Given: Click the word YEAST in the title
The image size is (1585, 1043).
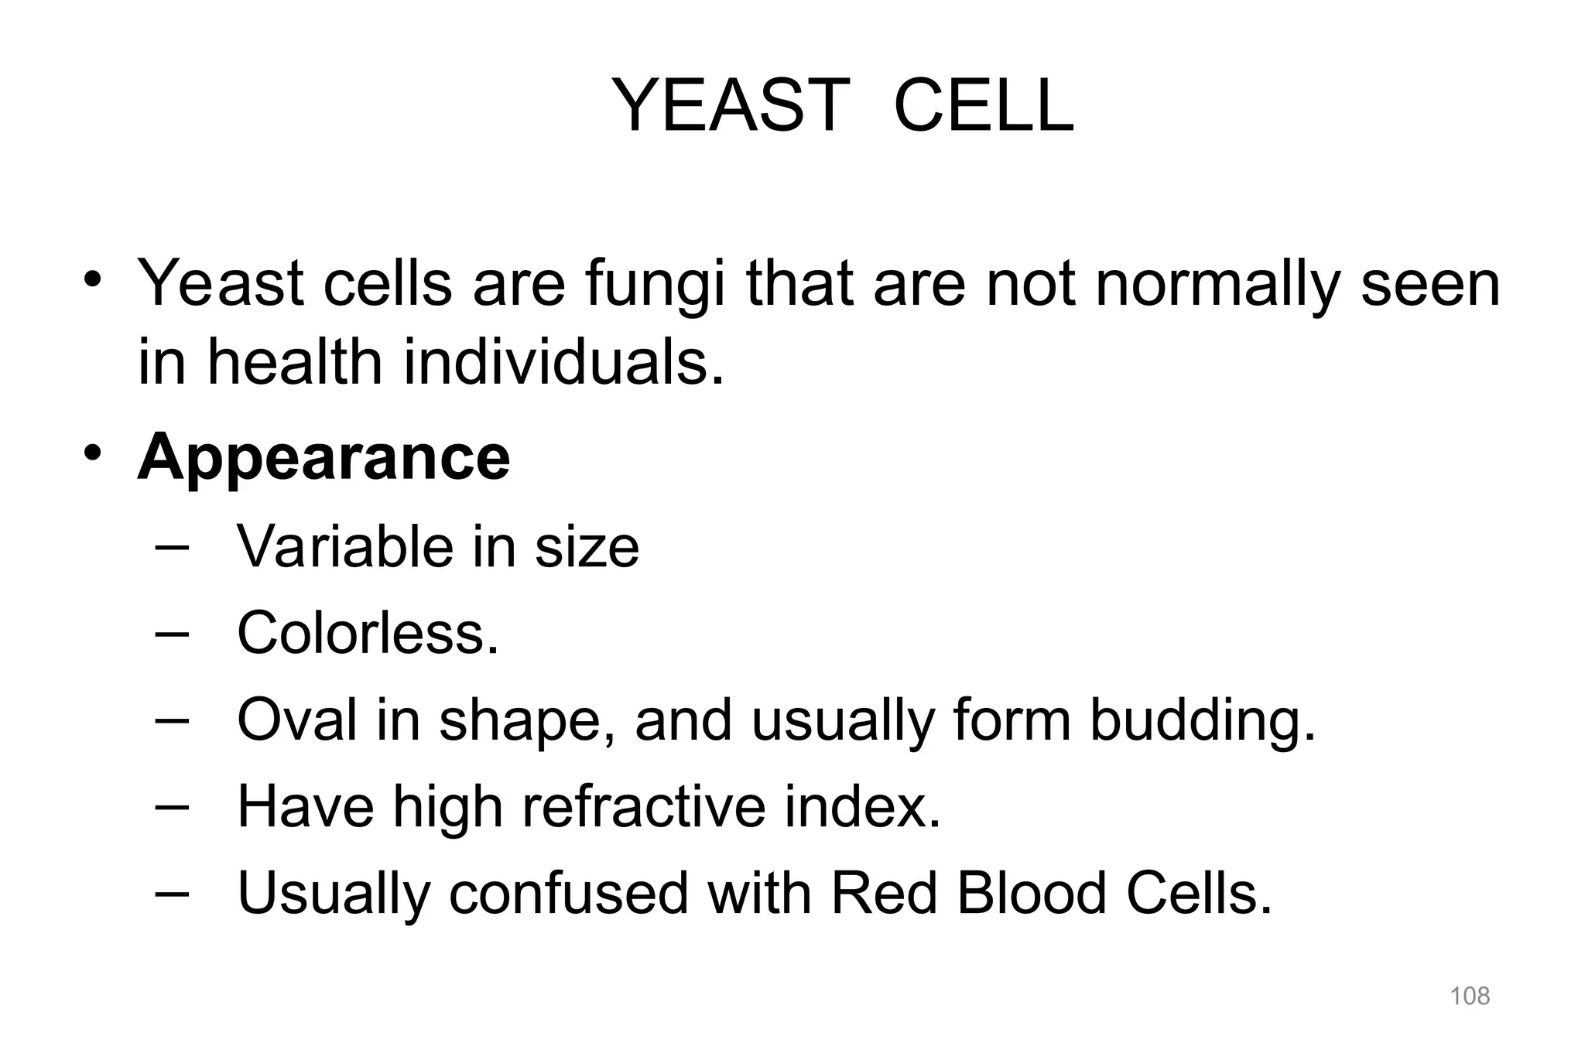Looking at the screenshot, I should point(731,106).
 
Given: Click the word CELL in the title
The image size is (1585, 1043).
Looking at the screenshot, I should point(983,106).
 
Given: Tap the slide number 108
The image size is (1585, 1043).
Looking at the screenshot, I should point(1469,996).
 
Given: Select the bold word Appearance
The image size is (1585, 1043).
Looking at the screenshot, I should point(324,457).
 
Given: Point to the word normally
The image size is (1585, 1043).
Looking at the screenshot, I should point(1217,285).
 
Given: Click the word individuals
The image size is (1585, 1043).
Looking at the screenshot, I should point(564,363).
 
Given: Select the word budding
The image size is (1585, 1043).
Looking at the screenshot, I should point(1203,720).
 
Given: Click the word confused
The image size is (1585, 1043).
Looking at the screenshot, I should point(568,894).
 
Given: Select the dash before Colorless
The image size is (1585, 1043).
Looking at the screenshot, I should point(172,633).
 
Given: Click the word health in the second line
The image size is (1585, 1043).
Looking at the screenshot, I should point(294,363).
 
